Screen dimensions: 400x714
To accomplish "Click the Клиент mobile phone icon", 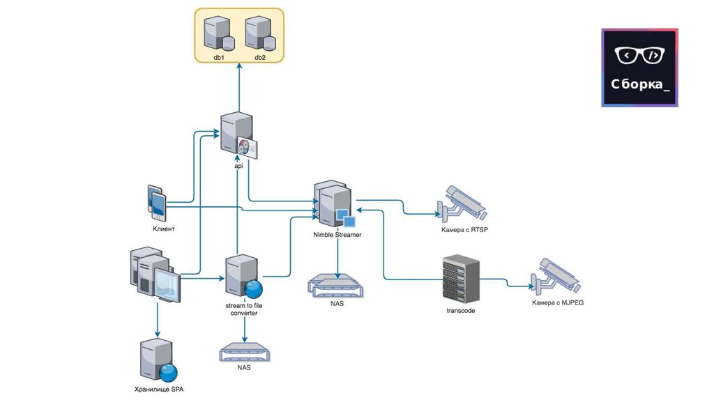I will [x=157, y=202].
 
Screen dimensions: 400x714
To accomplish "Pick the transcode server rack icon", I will [x=462, y=279].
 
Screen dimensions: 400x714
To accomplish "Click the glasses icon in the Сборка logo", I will [x=639, y=55].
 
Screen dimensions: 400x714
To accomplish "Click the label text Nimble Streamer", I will [x=337, y=235].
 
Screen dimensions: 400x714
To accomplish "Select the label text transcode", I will [x=461, y=310].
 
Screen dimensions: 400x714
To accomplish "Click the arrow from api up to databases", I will [x=239, y=87].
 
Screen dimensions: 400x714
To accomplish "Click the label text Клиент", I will [x=163, y=229].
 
